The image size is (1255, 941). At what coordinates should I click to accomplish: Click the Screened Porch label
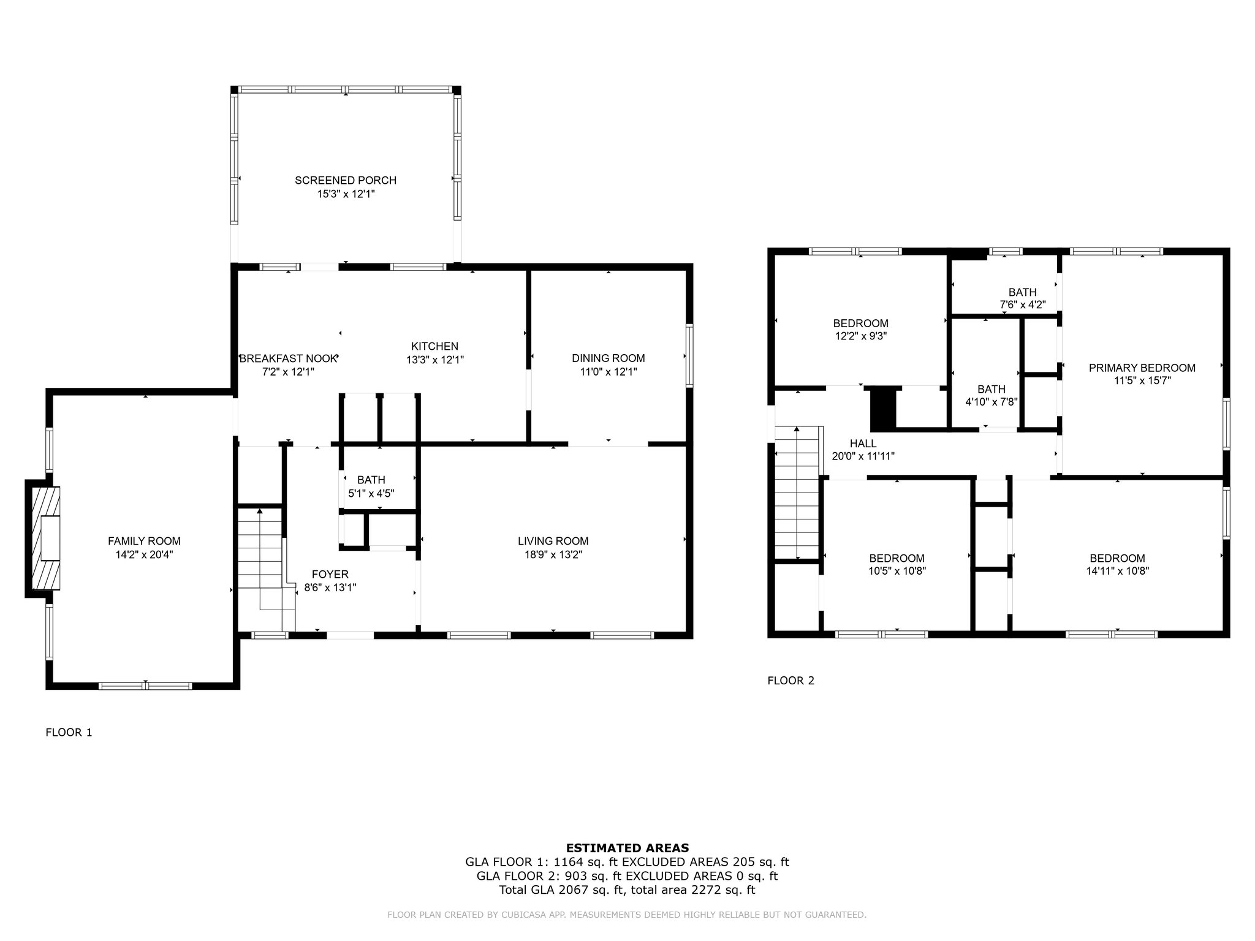coord(346,180)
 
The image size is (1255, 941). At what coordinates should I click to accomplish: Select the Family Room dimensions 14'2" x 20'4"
coord(145,554)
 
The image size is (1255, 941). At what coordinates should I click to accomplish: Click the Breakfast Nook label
coord(288,358)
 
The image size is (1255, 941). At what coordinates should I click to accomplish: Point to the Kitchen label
coord(434,346)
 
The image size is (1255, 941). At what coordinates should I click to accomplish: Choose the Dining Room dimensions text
coord(608,371)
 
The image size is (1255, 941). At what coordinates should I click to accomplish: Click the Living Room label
coord(553,541)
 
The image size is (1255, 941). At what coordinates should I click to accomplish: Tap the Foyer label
coord(330,574)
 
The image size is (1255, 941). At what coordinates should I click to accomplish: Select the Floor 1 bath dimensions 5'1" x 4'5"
coord(371,493)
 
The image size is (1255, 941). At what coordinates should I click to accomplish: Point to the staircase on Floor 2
coord(797,493)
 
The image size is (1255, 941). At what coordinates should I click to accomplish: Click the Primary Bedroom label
coord(1142,368)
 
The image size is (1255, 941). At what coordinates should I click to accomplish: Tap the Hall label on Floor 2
coord(863,444)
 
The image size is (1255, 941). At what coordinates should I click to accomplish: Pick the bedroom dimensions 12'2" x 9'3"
coord(860,336)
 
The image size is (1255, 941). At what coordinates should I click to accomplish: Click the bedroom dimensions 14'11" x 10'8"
coord(1117,571)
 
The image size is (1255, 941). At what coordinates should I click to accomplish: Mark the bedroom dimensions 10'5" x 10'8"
coord(897,571)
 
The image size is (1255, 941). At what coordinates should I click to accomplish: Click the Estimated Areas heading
coord(627,848)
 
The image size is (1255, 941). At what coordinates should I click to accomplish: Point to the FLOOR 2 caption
coord(791,680)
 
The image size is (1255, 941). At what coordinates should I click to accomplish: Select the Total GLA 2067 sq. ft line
coord(627,890)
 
